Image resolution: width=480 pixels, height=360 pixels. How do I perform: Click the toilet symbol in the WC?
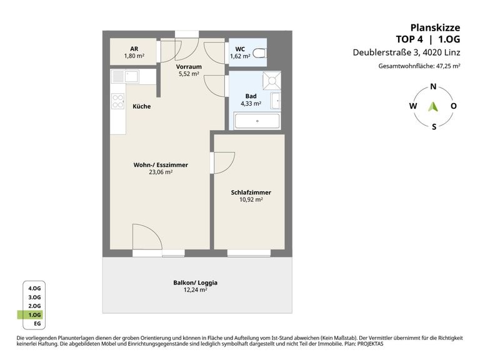click(x=259, y=53)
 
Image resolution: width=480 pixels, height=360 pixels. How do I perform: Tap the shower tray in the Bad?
click(x=271, y=81)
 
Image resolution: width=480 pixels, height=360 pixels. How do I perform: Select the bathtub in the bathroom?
click(x=257, y=121)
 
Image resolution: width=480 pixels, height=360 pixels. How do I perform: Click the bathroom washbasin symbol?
click(x=276, y=101)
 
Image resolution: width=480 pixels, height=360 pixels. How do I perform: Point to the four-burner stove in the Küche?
click(x=118, y=101)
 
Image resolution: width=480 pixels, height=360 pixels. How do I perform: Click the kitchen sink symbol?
click(x=126, y=76)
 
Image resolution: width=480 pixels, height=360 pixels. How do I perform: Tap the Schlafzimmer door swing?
click(x=224, y=163)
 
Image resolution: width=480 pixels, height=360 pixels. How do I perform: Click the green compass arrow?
click(x=433, y=106)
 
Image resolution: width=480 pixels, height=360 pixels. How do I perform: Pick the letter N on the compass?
click(x=433, y=87)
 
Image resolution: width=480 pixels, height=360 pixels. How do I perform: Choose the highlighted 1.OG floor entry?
click(x=30, y=315)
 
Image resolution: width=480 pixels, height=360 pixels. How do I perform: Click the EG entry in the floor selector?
click(x=37, y=324)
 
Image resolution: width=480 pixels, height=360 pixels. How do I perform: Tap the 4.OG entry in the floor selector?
click(x=34, y=288)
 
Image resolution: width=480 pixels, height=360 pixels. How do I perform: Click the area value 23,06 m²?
click(x=161, y=172)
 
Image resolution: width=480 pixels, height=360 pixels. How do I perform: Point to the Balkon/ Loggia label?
click(x=195, y=282)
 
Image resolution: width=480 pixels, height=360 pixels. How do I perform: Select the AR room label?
click(x=134, y=49)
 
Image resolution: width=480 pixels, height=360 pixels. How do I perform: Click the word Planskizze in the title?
click(x=435, y=27)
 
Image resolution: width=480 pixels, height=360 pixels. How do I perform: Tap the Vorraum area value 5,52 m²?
click(x=189, y=74)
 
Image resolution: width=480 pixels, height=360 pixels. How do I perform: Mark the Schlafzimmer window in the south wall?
click(x=249, y=253)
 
